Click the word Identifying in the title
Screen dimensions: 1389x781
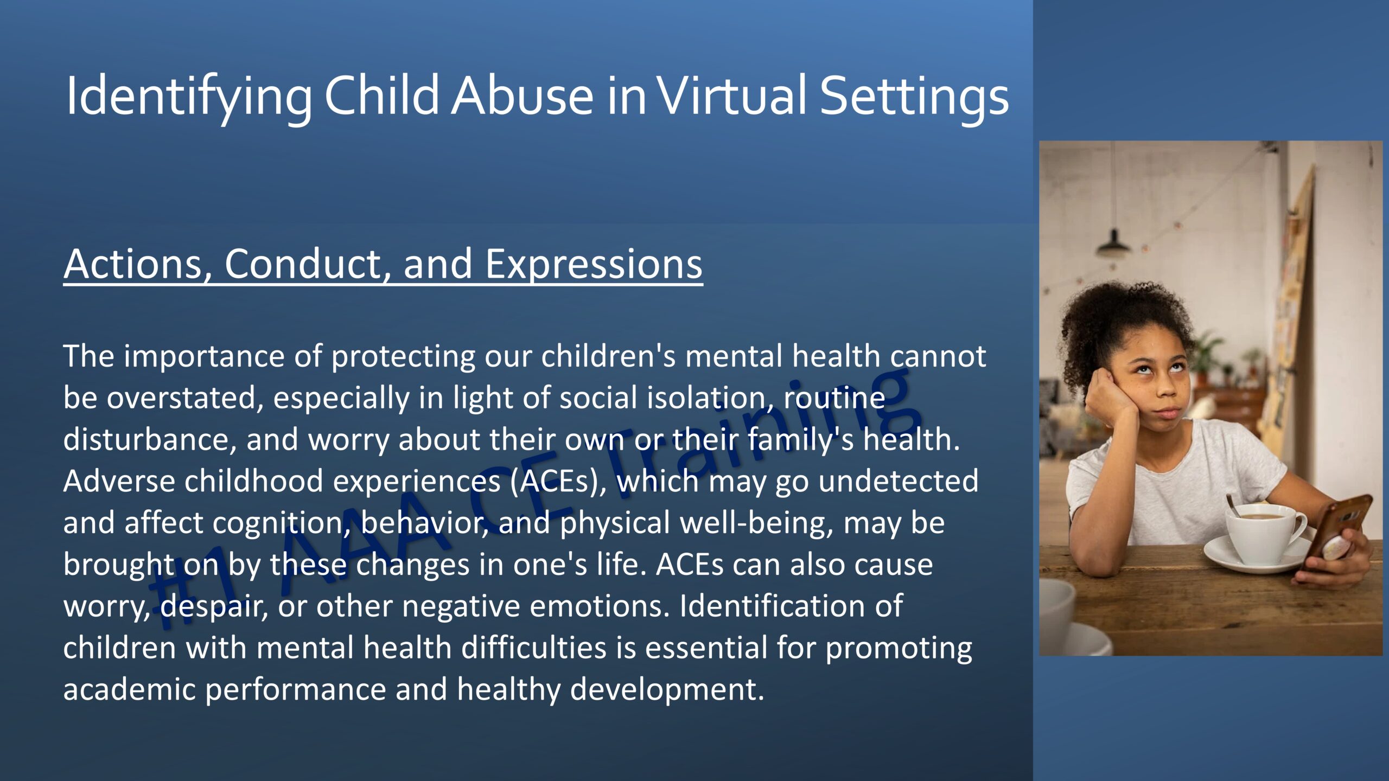click(x=188, y=96)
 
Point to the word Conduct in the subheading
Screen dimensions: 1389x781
click(x=308, y=265)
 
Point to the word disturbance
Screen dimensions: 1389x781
click(x=150, y=440)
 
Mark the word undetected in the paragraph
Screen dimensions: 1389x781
click(x=898, y=482)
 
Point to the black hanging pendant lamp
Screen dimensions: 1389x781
click(x=1113, y=244)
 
